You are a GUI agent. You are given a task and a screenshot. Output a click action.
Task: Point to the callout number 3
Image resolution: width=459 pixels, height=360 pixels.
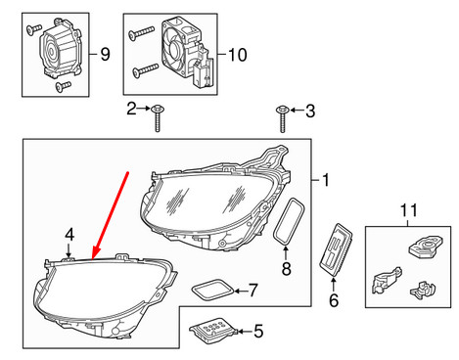(x=312, y=110)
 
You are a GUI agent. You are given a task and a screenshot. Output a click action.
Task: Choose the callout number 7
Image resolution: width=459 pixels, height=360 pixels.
(x=252, y=291)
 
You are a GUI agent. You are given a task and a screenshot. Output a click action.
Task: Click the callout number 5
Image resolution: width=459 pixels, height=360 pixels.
(x=257, y=333)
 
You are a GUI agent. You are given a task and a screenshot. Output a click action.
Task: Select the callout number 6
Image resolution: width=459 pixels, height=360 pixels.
(x=332, y=301)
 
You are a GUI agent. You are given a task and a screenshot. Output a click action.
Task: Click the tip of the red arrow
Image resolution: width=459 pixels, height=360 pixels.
(x=94, y=256)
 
